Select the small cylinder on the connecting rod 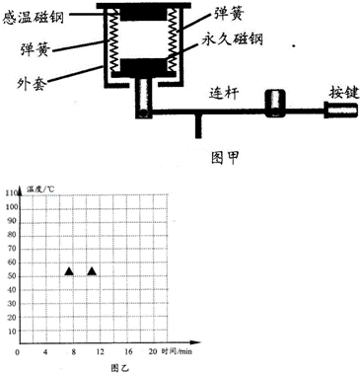pyautogui.click(x=274, y=103)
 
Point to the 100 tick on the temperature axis pyautogui.click(x=11, y=206)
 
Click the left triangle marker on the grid pyautogui.click(x=69, y=270)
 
